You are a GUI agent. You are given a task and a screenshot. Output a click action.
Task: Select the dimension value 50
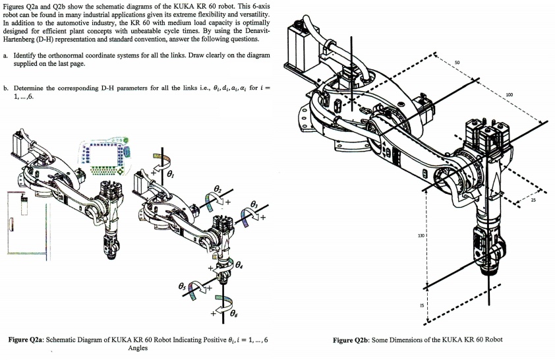[x=457, y=63]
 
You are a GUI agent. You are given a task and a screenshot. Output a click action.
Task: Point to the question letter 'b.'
[x=5, y=88]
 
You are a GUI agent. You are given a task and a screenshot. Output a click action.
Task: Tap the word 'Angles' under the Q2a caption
[x=137, y=349]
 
